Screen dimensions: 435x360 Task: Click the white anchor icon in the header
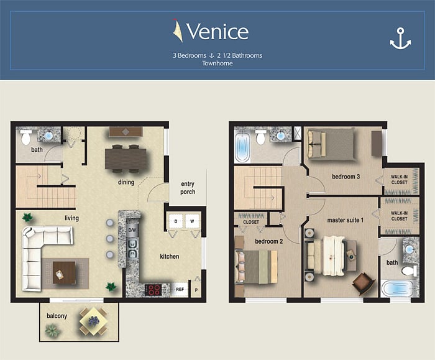(x=400, y=39)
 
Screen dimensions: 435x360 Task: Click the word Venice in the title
(x=217, y=31)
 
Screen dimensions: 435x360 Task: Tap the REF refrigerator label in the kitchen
(x=180, y=289)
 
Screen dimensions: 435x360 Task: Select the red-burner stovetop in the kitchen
(x=153, y=290)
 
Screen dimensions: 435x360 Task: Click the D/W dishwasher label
(x=132, y=230)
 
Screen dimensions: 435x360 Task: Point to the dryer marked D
(x=176, y=221)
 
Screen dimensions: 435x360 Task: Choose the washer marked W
(x=192, y=221)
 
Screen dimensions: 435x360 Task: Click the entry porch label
(x=188, y=188)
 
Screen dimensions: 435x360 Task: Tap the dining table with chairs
(x=126, y=159)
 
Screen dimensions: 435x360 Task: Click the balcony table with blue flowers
(x=93, y=321)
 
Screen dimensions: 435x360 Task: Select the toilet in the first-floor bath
(x=25, y=137)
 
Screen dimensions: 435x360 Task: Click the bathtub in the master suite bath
(x=397, y=288)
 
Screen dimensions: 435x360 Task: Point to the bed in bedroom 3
(x=331, y=144)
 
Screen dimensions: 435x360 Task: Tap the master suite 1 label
(x=345, y=220)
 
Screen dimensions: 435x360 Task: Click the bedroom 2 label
(x=269, y=241)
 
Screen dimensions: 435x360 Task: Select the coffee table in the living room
(x=64, y=272)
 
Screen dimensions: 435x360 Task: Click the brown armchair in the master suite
(x=364, y=283)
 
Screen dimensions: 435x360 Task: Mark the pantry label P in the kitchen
(x=196, y=290)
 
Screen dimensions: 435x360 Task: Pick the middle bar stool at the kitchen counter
(x=110, y=238)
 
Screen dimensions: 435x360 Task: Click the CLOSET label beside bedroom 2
(x=251, y=222)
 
